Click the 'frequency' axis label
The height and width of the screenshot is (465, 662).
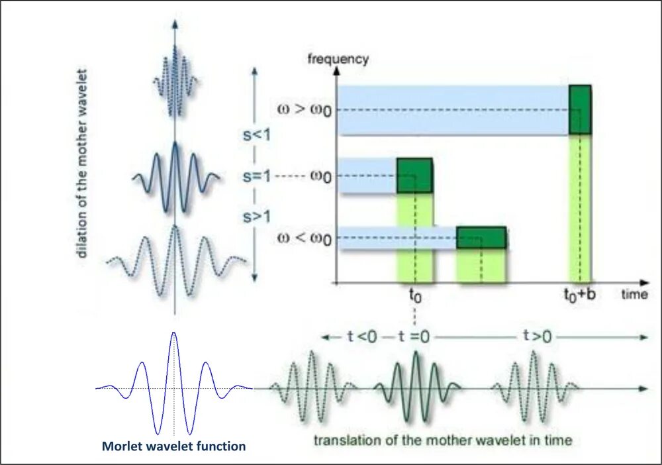(338, 59)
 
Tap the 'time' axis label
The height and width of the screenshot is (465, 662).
(634, 295)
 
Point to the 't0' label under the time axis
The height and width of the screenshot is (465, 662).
(414, 296)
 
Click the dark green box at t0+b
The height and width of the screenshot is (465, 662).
(580, 109)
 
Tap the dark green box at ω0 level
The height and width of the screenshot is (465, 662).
(414, 176)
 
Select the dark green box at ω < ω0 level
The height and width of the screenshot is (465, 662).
(481, 238)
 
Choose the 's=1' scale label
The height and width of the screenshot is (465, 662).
(255, 176)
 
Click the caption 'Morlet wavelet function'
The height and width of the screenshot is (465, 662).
(173, 446)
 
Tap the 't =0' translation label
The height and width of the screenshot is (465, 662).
(414, 336)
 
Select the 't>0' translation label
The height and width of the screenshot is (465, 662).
(537, 336)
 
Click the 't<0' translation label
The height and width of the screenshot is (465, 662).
(362, 336)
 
